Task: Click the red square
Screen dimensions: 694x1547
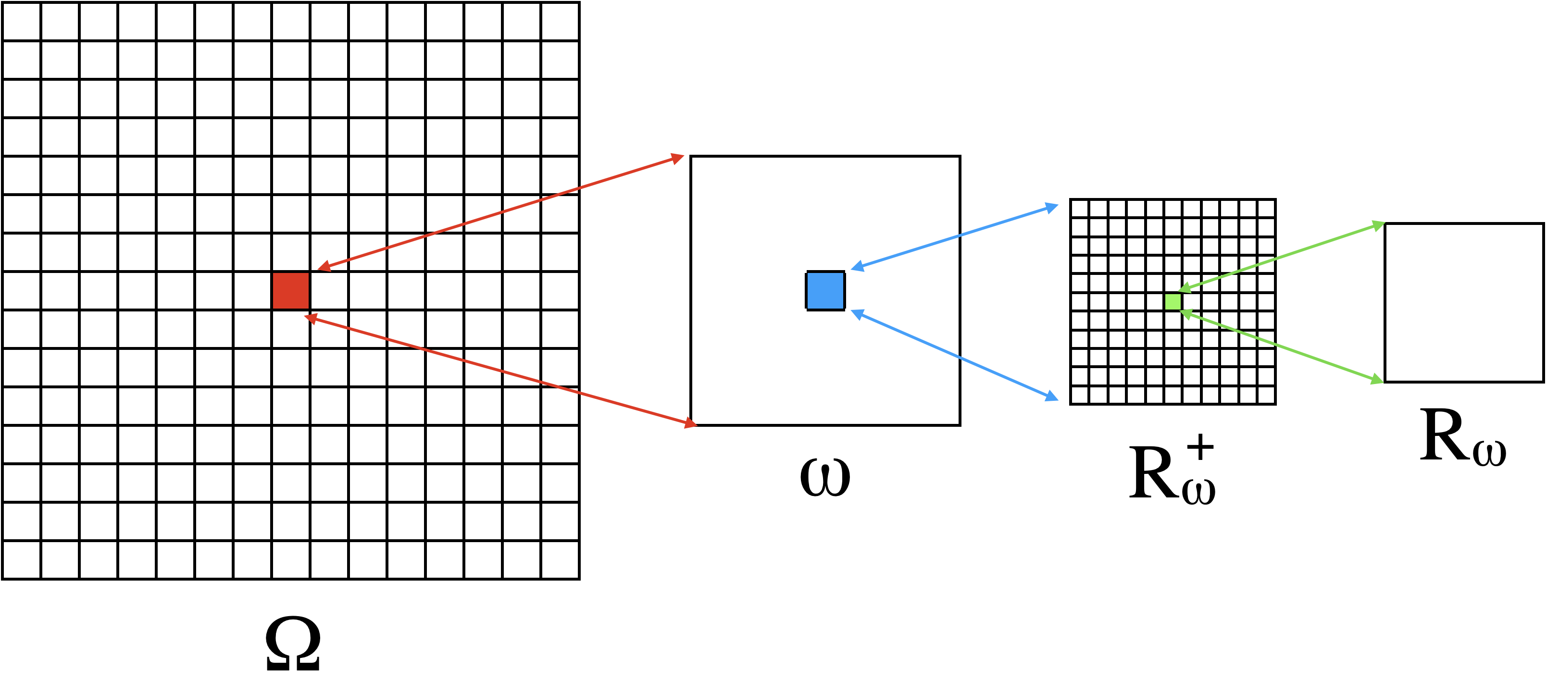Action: (x=291, y=291)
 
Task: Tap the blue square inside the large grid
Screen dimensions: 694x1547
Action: (x=825, y=291)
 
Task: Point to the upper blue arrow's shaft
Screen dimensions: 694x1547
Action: (x=955, y=236)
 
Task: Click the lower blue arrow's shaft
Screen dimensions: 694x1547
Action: (x=955, y=354)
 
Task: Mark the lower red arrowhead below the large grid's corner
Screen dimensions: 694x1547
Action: (x=691, y=423)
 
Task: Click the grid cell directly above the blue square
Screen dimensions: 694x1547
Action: (x=825, y=252)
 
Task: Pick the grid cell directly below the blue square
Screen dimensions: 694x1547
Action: (x=825, y=329)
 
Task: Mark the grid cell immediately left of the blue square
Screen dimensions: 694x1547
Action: (x=786, y=291)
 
